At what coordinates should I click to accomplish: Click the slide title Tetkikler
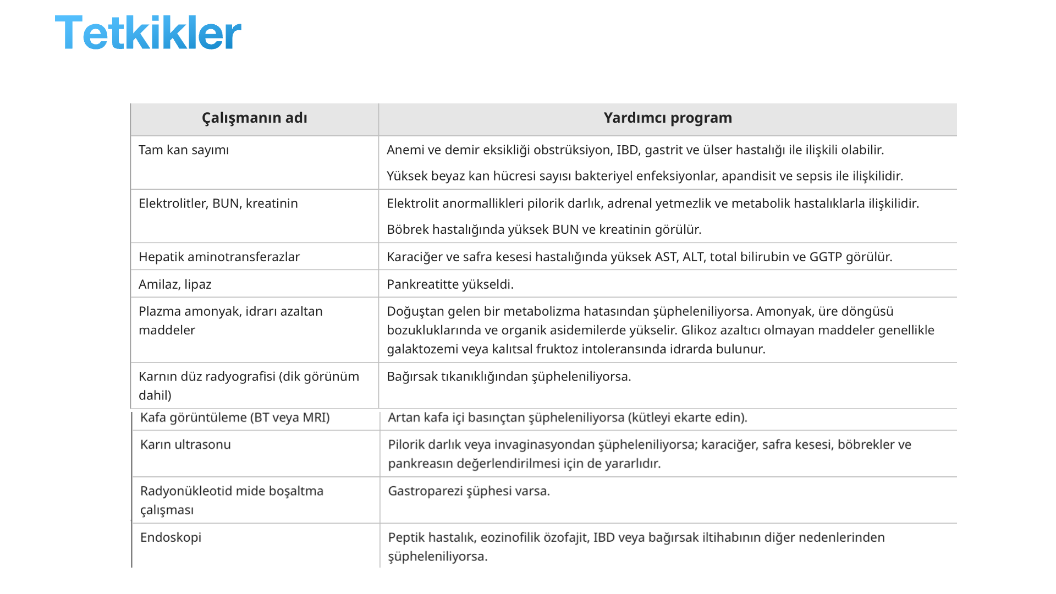148,33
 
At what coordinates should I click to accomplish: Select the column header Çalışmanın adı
254,118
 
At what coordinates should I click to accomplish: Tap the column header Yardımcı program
668,118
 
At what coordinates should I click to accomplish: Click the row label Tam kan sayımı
184,150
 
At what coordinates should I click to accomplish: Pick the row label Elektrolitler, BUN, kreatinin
218,204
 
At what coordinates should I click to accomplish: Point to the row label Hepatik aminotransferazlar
219,257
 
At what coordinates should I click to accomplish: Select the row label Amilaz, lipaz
175,284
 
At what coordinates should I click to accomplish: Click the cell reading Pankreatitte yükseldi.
450,284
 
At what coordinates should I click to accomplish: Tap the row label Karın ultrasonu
185,444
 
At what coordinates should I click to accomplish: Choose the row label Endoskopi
170,537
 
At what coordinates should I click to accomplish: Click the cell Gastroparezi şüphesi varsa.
469,491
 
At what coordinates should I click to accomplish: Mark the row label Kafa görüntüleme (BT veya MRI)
235,417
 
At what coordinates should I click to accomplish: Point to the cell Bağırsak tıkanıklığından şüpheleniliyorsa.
509,377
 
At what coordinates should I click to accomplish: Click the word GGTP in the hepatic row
826,257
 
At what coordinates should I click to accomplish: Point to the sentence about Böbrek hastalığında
544,229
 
